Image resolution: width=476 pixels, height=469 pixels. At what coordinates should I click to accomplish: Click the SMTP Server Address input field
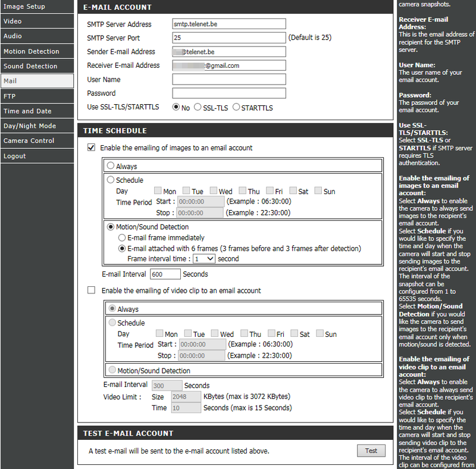pos(228,24)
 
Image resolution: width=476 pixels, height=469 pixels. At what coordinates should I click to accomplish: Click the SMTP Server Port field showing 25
pos(228,37)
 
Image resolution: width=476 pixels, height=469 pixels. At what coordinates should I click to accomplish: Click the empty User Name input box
pos(228,79)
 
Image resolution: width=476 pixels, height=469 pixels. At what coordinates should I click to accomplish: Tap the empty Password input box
pos(228,93)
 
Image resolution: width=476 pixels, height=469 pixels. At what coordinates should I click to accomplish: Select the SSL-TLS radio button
pos(198,107)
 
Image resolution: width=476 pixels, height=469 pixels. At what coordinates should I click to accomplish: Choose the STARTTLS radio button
pos(236,107)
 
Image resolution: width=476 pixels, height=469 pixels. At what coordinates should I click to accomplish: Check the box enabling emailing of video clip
pos(91,290)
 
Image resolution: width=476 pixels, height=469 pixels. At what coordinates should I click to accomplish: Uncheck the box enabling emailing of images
pos(91,148)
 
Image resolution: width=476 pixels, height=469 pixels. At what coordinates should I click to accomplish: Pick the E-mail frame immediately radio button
pos(122,237)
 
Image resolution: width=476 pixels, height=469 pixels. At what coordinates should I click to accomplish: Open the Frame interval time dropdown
pos(203,259)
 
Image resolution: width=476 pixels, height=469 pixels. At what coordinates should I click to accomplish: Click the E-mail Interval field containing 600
pos(165,274)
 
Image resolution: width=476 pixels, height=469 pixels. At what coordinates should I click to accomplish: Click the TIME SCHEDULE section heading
pos(115,130)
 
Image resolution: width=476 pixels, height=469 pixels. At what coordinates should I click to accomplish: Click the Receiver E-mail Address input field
pos(228,65)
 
